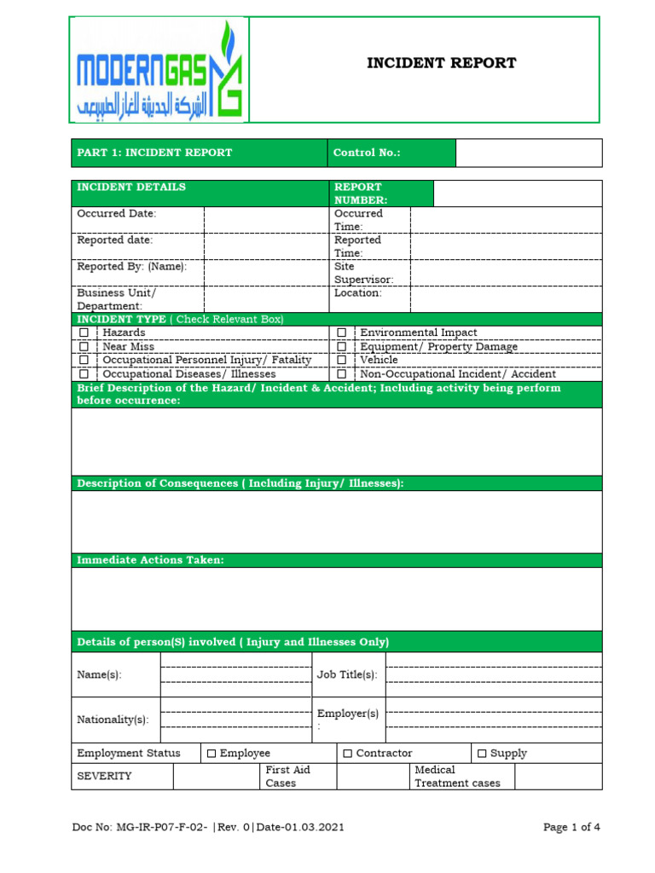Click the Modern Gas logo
[160, 70]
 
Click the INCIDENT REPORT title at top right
[441, 63]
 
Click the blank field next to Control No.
[528, 153]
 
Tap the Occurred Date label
[117, 213]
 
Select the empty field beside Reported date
[266, 246]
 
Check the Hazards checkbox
[84, 332]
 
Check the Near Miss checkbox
[84, 346]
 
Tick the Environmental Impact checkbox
[341, 332]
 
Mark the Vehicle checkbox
[341, 360]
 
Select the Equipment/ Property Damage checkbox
[341, 346]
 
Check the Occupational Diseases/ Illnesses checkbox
[84, 373]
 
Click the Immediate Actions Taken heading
[151, 560]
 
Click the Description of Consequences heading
[240, 483]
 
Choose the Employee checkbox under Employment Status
[212, 754]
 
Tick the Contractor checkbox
[348, 754]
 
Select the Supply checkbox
[482, 754]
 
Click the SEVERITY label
[104, 776]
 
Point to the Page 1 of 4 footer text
[572, 827]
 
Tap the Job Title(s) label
[347, 674]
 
